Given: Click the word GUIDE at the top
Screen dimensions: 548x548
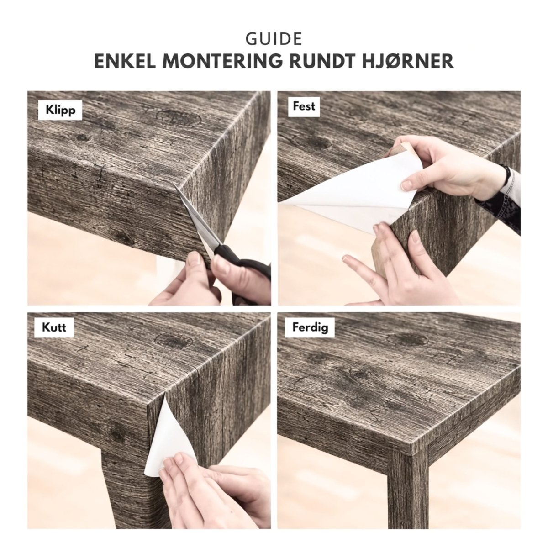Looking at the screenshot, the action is (274, 39).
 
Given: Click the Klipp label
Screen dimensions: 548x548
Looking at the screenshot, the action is (61, 110).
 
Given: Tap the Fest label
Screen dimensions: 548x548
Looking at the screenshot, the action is (304, 106).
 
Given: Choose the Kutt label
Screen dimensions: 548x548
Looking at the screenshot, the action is (54, 327).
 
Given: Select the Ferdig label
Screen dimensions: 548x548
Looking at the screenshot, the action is (310, 327).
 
